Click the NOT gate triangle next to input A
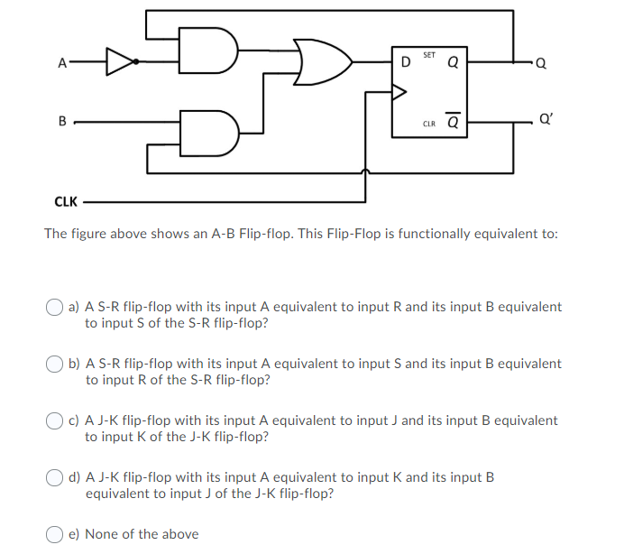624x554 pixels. (118, 61)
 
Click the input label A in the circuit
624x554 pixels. (61, 63)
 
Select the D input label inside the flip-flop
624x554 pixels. (405, 62)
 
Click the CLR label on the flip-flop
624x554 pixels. (428, 124)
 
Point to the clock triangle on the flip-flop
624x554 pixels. (398, 91)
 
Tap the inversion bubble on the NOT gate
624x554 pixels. (135, 61)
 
